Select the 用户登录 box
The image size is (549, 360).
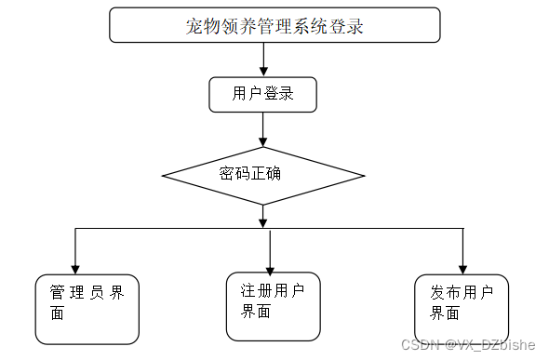click(x=262, y=94)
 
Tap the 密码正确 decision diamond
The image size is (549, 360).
click(x=263, y=174)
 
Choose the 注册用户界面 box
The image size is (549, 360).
click(x=273, y=304)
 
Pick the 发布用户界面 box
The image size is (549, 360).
click(x=462, y=308)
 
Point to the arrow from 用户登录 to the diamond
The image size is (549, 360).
click(x=264, y=128)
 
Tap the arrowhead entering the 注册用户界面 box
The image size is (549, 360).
click(x=270, y=265)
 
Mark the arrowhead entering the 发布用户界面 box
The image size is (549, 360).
click(x=461, y=267)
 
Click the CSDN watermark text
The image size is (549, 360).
click(x=468, y=345)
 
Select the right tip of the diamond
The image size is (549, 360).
click(x=365, y=174)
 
